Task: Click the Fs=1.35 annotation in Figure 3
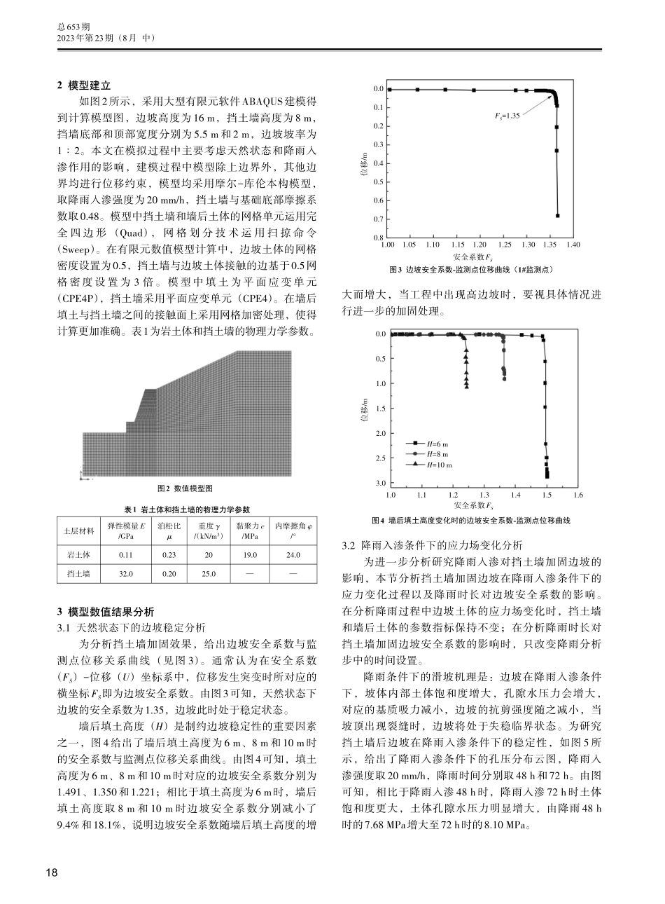[503, 116]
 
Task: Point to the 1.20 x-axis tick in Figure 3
[479, 245]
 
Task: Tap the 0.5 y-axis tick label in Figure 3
[378, 182]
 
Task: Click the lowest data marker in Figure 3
[557, 216]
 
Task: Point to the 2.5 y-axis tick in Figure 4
[381, 458]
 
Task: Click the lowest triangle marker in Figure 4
[466, 386]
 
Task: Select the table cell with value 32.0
[126, 573]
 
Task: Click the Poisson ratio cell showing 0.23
[169, 555]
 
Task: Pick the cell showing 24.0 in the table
[293, 555]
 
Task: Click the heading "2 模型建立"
[83, 85]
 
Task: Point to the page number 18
[51, 872]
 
